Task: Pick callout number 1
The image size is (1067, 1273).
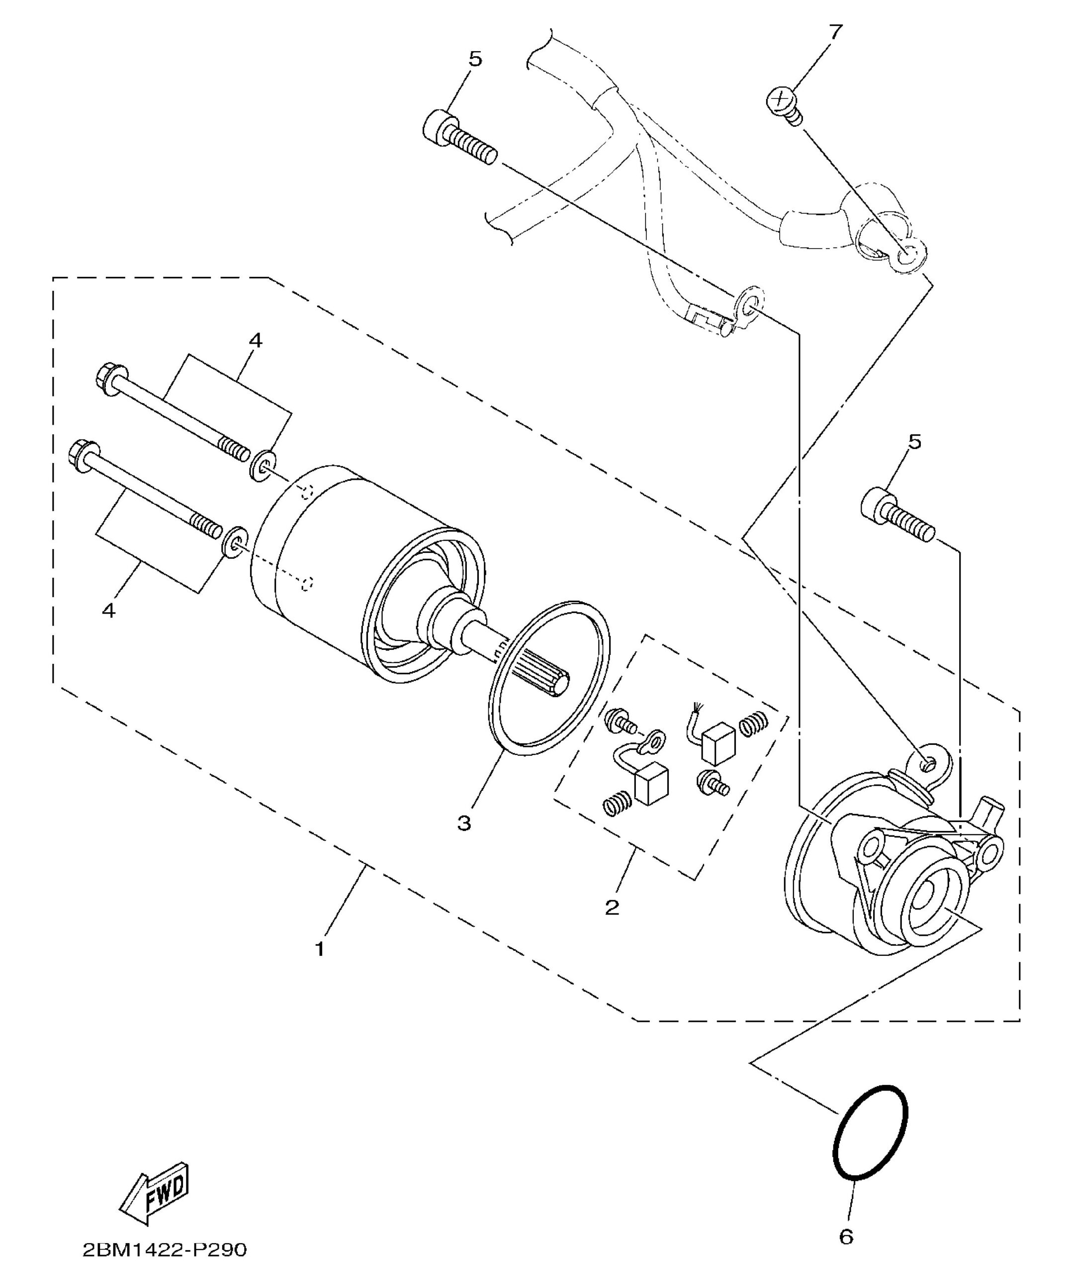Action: click(320, 949)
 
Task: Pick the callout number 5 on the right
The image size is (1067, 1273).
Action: click(914, 443)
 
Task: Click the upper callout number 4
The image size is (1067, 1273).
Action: click(255, 341)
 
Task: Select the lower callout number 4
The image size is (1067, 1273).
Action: click(108, 610)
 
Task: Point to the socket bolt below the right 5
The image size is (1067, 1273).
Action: click(898, 517)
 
